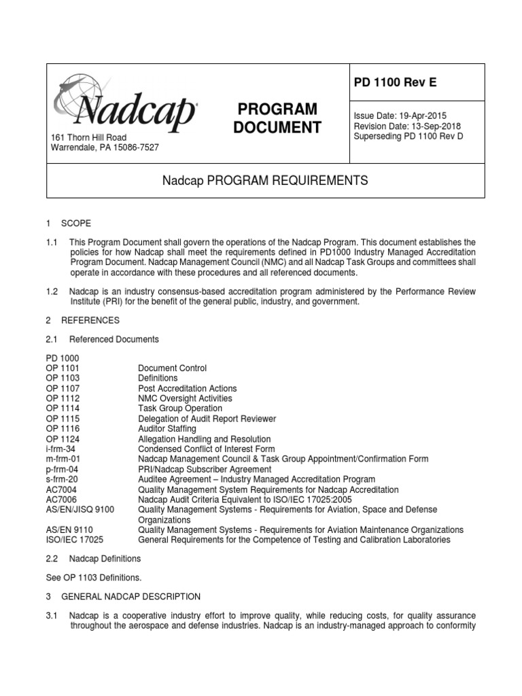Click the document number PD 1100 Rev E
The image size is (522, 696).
tap(396, 83)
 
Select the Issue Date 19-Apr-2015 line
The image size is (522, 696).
tap(400, 116)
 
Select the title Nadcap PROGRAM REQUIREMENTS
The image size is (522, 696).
tap(265, 181)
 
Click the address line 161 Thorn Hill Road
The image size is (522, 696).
tap(89, 138)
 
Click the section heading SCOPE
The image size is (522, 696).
tap(75, 224)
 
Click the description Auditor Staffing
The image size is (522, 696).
tap(167, 429)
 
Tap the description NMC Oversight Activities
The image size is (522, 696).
tap(185, 398)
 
